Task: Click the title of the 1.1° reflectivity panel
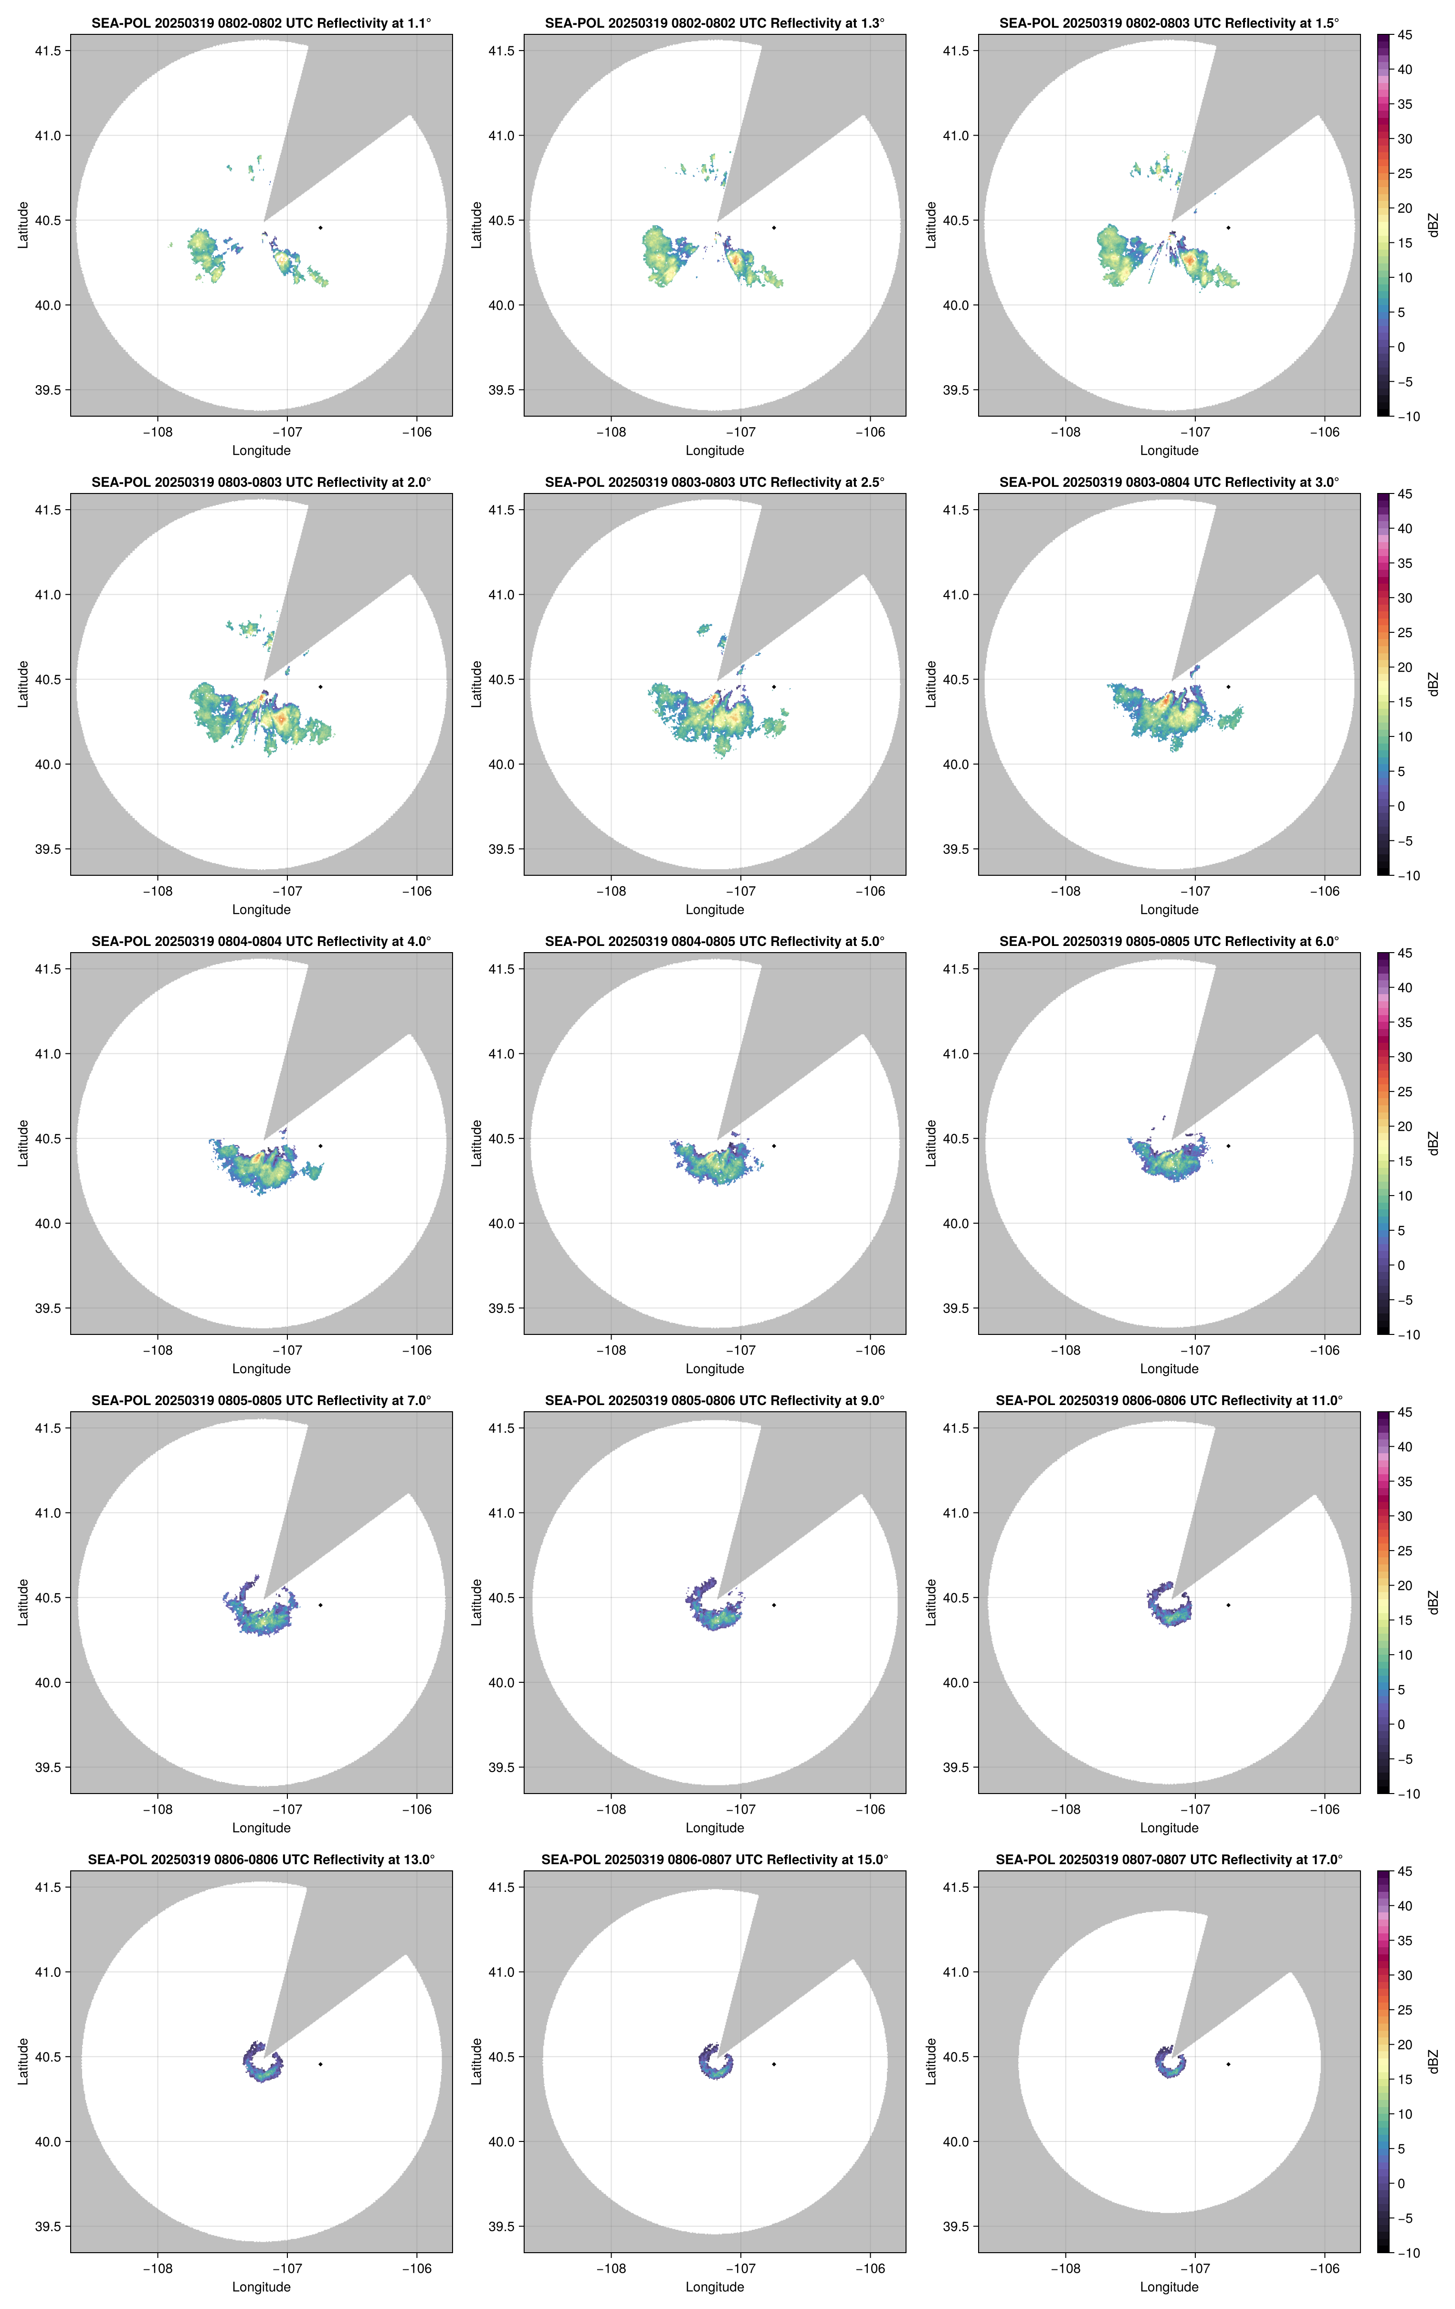pos(261,23)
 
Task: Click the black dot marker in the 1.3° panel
pos(774,227)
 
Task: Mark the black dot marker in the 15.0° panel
pos(774,2064)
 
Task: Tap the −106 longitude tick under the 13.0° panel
pos(416,2269)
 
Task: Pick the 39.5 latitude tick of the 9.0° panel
pos(502,1767)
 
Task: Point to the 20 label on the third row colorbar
pos(1404,1127)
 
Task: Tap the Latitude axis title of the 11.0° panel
pos(930,1602)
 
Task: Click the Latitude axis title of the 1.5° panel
pos(930,225)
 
